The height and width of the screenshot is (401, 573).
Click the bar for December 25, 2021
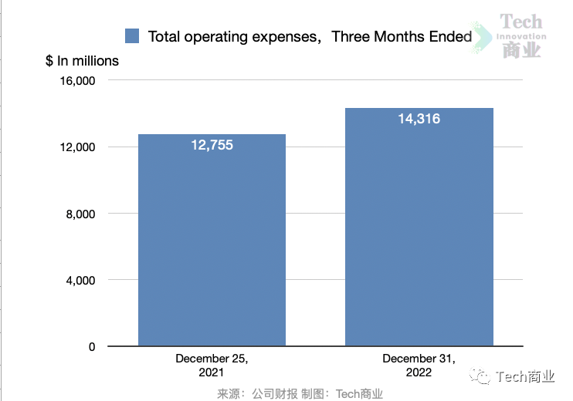click(x=212, y=240)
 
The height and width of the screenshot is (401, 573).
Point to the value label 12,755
click(x=212, y=145)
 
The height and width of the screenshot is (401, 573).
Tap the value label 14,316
click(x=419, y=119)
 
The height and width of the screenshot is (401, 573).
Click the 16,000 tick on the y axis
click(x=76, y=81)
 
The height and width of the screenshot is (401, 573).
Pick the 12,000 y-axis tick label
click(x=76, y=147)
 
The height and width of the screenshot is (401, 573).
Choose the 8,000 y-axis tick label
click(x=80, y=214)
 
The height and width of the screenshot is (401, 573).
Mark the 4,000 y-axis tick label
click(x=80, y=281)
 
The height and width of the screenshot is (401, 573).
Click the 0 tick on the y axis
click(x=92, y=347)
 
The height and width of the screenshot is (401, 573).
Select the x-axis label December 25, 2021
click(x=212, y=365)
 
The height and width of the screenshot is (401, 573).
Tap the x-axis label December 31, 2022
click(x=419, y=365)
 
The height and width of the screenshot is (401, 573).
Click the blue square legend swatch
click(x=132, y=36)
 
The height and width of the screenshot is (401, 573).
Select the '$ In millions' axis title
click(x=82, y=61)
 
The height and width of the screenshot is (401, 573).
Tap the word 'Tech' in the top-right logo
click(x=521, y=22)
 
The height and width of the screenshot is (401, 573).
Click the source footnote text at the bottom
click(x=300, y=393)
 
